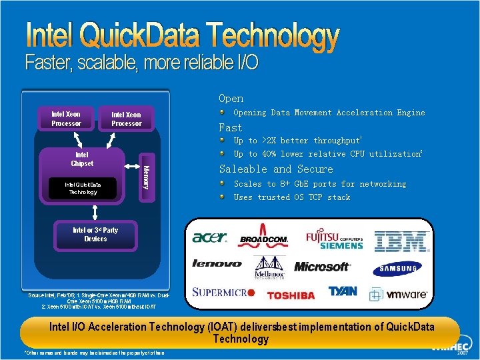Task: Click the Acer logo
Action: (209, 238)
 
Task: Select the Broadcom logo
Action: (263, 239)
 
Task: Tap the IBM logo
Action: (401, 241)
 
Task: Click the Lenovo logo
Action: (217, 264)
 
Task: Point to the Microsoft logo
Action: (322, 267)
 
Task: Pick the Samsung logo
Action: (400, 269)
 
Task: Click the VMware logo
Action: (399, 294)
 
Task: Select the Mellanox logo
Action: (269, 267)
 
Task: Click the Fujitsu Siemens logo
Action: (335, 240)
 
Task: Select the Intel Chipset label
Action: (82, 159)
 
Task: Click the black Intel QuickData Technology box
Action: (82, 188)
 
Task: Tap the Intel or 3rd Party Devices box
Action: (95, 235)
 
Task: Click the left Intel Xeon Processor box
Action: (66, 119)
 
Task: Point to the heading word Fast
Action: (231, 127)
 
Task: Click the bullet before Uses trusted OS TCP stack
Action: (224, 197)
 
